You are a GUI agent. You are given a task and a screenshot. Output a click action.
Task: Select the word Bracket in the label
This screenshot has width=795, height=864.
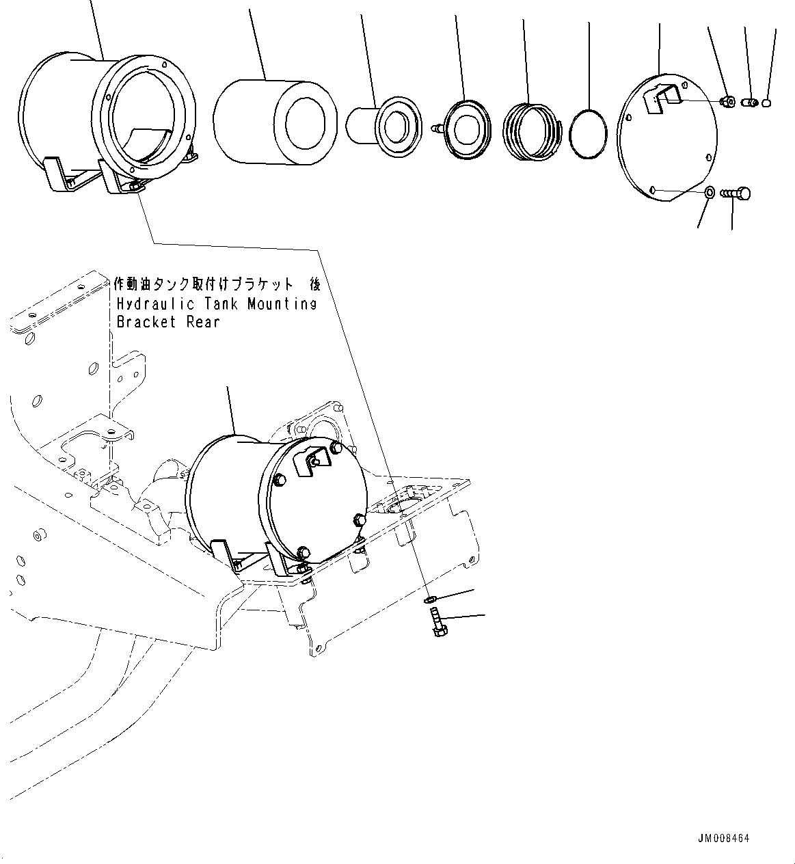point(146,322)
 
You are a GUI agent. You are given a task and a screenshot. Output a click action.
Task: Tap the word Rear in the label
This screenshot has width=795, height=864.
point(204,322)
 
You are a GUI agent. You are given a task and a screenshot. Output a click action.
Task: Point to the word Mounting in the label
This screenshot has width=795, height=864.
point(282,303)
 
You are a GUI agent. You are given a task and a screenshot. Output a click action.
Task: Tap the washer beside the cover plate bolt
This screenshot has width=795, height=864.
point(710,193)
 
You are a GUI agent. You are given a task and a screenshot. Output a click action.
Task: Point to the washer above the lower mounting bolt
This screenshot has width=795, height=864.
point(429,599)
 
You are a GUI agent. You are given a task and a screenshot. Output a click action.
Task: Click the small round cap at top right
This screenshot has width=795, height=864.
point(767,103)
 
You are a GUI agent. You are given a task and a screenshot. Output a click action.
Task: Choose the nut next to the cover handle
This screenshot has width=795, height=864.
point(727,102)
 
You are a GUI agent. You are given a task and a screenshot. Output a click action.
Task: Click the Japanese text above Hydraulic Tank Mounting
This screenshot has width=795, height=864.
point(216,284)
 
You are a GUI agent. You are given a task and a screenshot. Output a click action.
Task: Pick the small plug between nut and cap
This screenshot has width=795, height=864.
point(748,103)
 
